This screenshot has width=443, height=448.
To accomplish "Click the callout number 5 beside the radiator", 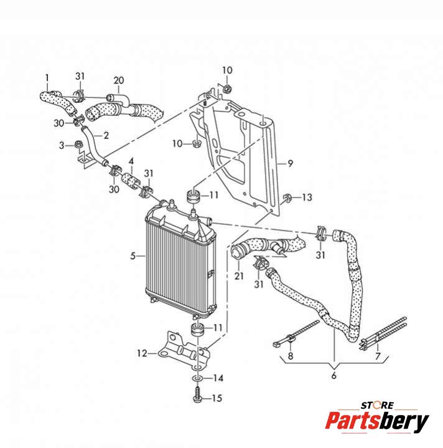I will tap(133, 255).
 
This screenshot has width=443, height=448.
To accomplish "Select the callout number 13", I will tap(307, 198).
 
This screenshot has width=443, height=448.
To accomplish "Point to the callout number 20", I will tap(119, 80).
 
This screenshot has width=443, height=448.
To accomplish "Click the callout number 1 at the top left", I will tap(47, 77).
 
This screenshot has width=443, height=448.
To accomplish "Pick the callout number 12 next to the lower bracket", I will tap(142, 353).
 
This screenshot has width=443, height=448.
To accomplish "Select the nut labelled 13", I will tap(287, 199).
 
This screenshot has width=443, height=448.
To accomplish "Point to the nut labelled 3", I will tap(80, 146).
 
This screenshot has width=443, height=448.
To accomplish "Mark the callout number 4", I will tap(131, 161).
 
